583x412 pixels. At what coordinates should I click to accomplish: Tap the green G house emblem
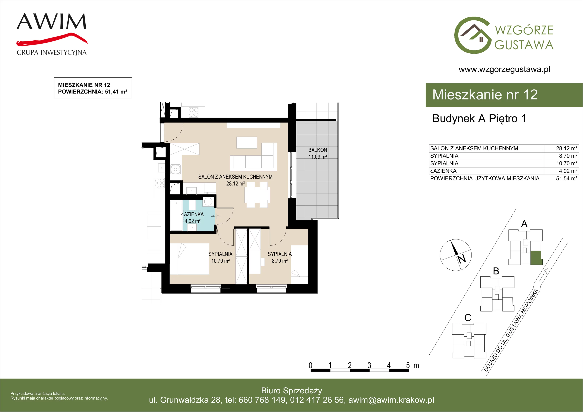click(473, 35)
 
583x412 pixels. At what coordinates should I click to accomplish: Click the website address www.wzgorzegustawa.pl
click(504, 69)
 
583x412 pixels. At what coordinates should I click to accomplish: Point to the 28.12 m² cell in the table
click(566, 148)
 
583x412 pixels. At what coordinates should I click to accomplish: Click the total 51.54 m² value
click(566, 179)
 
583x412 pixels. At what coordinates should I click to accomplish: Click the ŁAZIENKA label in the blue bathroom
click(192, 214)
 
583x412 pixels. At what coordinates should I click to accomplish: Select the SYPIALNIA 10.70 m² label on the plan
click(220, 257)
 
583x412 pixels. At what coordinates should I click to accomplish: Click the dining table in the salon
click(257, 195)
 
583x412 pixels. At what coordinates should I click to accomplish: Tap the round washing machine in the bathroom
click(208, 201)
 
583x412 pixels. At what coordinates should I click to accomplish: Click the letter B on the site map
click(496, 271)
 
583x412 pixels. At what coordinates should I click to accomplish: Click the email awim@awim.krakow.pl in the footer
click(391, 400)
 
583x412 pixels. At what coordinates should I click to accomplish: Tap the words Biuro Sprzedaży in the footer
click(291, 391)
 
